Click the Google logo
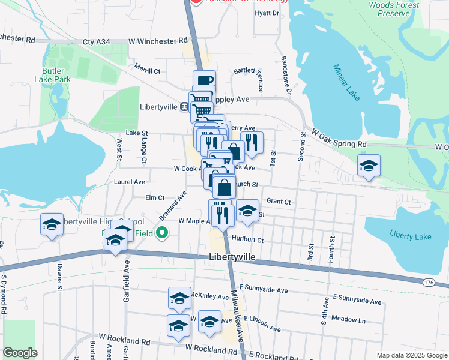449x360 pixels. click(20, 353)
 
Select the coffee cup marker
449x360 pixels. click(203, 81)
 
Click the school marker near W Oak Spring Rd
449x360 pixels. click(369, 166)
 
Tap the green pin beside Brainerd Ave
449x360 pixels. click(161, 233)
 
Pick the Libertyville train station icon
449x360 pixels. click(187, 107)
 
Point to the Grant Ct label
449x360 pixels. click(279, 202)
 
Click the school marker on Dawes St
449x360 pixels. click(52, 224)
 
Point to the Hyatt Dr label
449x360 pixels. click(267, 13)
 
